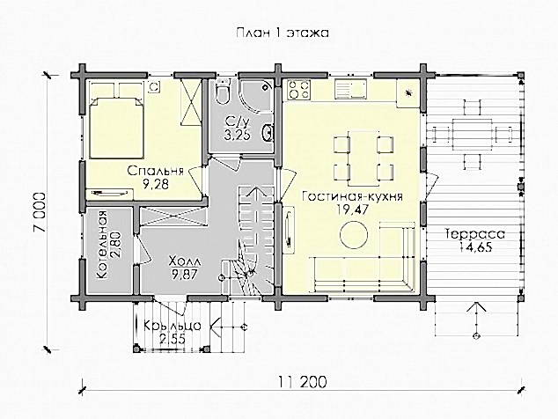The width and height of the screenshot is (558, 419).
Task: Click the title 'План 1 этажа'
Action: click(283, 33)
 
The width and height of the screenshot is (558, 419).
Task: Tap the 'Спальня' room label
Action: click(156, 171)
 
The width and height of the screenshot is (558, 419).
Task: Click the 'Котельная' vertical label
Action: click(102, 245)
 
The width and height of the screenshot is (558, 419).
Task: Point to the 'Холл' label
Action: click(186, 261)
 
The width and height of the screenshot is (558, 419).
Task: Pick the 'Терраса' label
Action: click(474, 234)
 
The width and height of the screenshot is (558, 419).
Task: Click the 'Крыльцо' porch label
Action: click(173, 326)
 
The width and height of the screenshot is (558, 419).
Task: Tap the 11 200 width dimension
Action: click(303, 382)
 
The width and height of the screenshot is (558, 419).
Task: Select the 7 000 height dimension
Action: click(40, 213)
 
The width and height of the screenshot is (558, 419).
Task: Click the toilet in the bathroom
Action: click(223, 92)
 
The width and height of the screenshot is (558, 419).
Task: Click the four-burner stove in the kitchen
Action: click(299, 90)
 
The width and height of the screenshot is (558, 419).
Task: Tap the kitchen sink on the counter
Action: click(350, 89)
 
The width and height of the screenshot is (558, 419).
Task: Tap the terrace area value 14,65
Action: click(475, 246)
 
